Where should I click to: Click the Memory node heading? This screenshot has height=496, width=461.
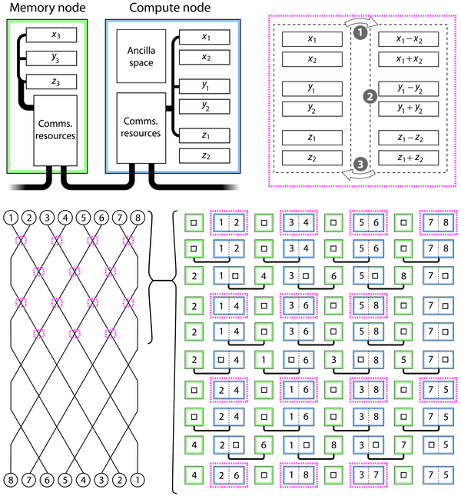(x=48, y=9)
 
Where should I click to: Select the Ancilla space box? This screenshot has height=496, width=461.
(x=141, y=56)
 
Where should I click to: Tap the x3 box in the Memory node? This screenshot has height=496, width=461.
(x=52, y=35)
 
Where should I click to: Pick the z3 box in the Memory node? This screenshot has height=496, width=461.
(x=52, y=82)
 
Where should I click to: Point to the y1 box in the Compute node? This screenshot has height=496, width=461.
(x=204, y=85)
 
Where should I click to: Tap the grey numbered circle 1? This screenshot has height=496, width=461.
(x=360, y=33)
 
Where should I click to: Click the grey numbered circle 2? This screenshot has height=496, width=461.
(x=370, y=97)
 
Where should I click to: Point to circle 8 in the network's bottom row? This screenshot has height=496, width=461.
(x=11, y=482)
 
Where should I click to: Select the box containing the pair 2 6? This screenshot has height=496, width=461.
(x=229, y=475)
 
